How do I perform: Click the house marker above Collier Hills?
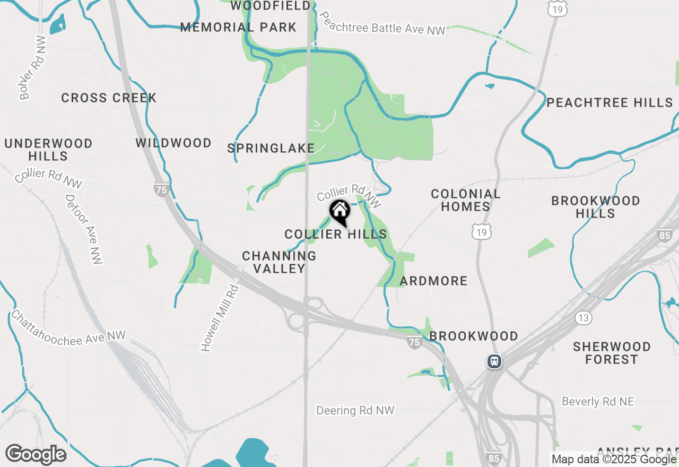tap(340, 212)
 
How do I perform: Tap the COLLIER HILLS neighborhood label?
tap(336, 234)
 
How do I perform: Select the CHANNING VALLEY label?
tap(279, 262)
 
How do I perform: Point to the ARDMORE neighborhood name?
tap(433, 281)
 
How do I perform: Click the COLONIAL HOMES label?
tap(465, 200)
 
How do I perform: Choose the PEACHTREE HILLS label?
tap(610, 102)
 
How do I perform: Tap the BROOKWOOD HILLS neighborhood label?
tap(595, 207)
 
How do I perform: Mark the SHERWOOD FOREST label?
tap(612, 353)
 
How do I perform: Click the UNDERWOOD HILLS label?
tap(48, 150)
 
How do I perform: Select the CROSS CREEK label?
tap(109, 98)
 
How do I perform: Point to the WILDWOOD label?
tap(173, 143)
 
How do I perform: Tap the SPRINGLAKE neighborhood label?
tap(271, 149)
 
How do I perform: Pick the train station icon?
tap(494, 361)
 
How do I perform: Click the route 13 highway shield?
tap(584, 318)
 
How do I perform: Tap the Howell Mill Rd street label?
tap(220, 318)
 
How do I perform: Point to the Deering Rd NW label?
tap(355, 410)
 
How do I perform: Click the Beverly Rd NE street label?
tap(598, 402)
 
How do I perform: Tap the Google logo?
tap(36, 455)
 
